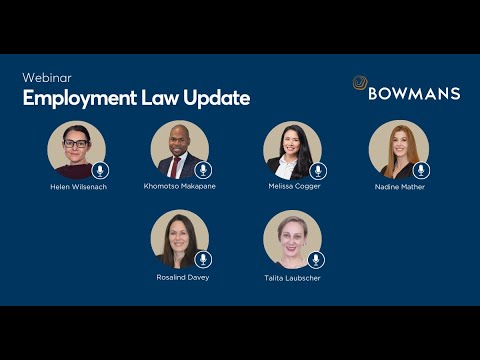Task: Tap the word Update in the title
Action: coord(216,98)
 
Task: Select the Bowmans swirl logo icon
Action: coord(360,85)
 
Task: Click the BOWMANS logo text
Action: coord(414,93)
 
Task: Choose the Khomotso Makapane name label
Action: coord(180,187)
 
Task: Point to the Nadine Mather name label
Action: coord(399,187)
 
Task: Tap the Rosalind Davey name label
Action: coord(183,276)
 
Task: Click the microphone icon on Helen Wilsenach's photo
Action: coord(98,170)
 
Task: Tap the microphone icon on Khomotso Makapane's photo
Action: coord(203,170)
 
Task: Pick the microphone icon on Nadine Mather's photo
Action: coord(421,170)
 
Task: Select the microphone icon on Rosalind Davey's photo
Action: coord(203,259)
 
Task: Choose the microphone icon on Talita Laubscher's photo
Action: coord(316,259)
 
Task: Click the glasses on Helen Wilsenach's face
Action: coord(75,144)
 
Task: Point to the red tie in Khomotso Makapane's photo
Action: coord(179,165)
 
